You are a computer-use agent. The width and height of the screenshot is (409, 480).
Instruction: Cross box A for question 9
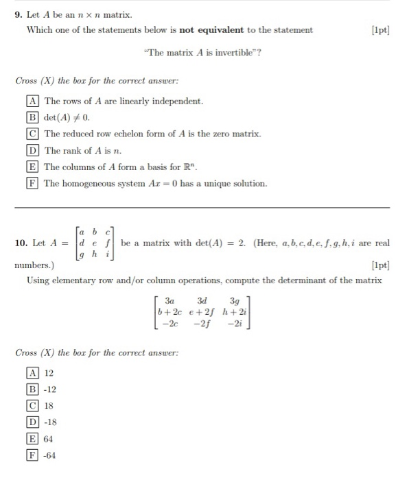[x=32, y=101]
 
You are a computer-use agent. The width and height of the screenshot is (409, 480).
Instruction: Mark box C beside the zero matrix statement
[x=32, y=134]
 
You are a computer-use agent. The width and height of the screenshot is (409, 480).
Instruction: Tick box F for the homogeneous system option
[x=32, y=183]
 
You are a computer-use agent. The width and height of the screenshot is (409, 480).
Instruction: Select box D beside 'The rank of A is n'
[x=32, y=150]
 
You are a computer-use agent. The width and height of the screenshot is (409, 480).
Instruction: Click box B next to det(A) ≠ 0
[x=32, y=117]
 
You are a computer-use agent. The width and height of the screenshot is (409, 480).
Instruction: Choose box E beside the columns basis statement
[x=32, y=167]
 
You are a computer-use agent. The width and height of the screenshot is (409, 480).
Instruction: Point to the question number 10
[x=20, y=243]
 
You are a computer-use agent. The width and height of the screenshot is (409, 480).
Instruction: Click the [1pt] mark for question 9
[x=378, y=30]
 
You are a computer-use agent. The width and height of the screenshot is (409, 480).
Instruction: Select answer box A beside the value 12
[x=32, y=373]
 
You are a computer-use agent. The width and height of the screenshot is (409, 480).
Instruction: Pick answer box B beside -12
[x=32, y=389]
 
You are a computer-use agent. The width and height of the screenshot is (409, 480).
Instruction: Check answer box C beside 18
[x=32, y=406]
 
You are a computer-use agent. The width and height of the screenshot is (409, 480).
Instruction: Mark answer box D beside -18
[x=32, y=422]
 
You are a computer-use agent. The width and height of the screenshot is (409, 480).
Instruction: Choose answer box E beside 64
[x=32, y=439]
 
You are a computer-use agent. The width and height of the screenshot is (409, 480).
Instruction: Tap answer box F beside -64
[x=32, y=455]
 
